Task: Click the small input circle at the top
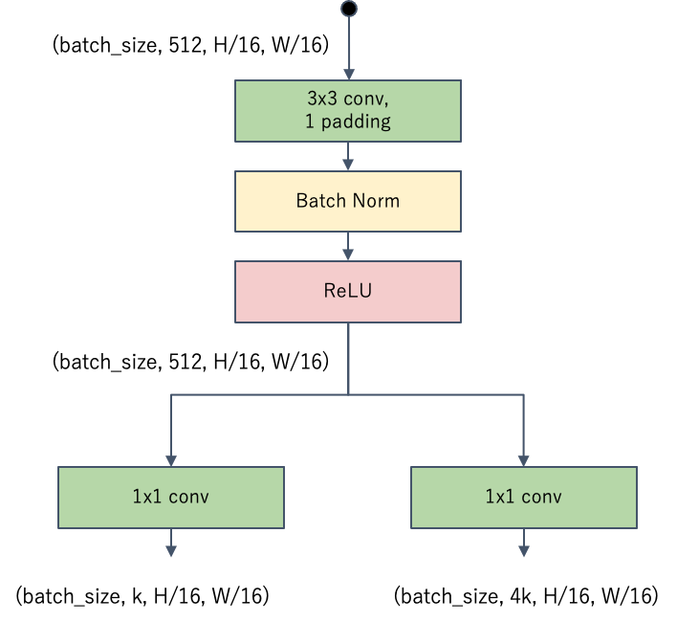[x=348, y=10]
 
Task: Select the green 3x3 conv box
[x=348, y=111]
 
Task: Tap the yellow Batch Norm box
[x=348, y=201]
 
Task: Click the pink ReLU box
[x=348, y=291]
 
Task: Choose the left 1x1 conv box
[x=171, y=497]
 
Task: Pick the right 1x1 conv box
[x=524, y=497]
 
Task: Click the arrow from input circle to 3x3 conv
[x=348, y=48]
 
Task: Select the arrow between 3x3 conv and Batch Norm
[x=348, y=157]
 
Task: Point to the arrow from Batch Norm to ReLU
[x=348, y=247]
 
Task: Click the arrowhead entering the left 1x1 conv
[x=171, y=458]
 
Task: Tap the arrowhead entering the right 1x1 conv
[x=524, y=458]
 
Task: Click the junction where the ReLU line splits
[x=348, y=393]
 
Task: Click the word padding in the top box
[x=356, y=122]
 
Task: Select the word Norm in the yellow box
[x=377, y=201]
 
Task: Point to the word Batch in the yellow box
[x=320, y=201]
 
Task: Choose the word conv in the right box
[x=541, y=497]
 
